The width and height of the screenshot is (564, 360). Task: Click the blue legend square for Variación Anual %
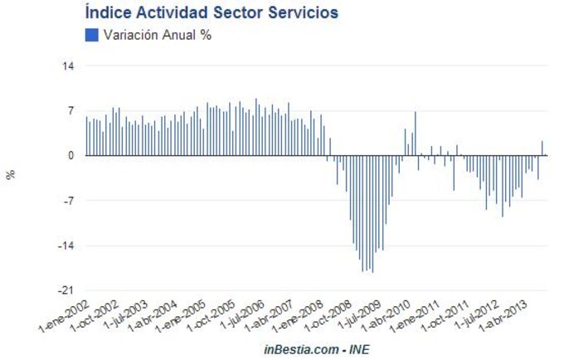pos(91,35)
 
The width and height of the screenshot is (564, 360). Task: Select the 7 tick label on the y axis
pos(71,110)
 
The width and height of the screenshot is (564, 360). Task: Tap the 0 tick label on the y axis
pos(71,155)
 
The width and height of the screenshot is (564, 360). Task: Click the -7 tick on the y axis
pos(70,200)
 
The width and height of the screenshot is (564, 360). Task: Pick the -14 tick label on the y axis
pos(68,246)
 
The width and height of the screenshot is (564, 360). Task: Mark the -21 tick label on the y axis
pos(68,290)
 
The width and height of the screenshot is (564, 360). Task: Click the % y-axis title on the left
pos(11,174)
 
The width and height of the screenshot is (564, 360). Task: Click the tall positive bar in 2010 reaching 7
pos(415,134)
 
